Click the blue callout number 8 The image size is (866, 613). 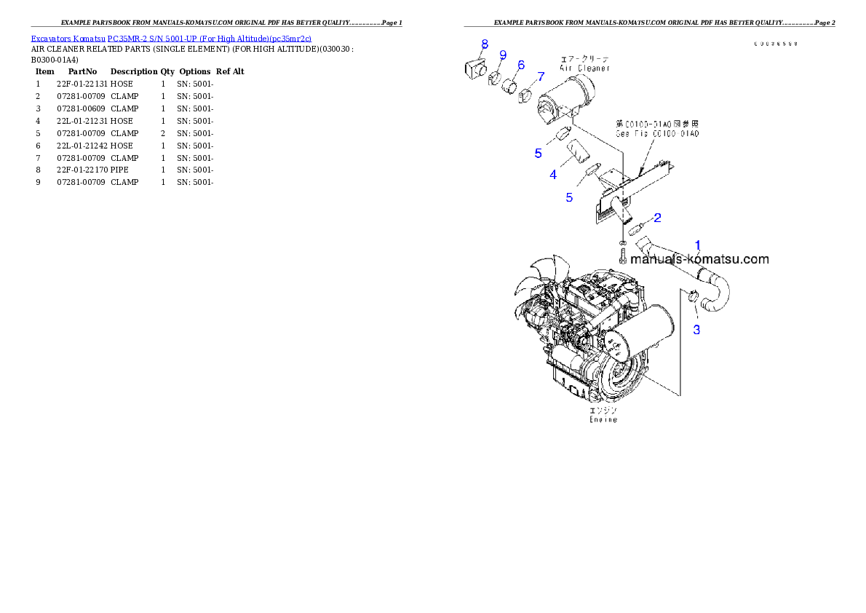[485, 44]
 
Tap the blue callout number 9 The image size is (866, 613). [503, 55]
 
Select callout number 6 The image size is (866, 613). [521, 65]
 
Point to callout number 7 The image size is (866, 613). [541, 76]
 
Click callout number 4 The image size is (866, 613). [554, 174]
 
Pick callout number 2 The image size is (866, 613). [657, 217]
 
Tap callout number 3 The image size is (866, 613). [696, 330]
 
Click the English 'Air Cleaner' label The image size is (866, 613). [584, 68]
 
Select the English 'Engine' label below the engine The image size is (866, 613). [603, 419]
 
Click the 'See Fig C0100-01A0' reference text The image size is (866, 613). [657, 134]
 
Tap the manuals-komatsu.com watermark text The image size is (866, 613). [699, 259]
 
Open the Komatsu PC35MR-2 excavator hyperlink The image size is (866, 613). [171, 39]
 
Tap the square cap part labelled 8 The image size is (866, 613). [474, 68]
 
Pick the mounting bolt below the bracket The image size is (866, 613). [623, 256]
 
